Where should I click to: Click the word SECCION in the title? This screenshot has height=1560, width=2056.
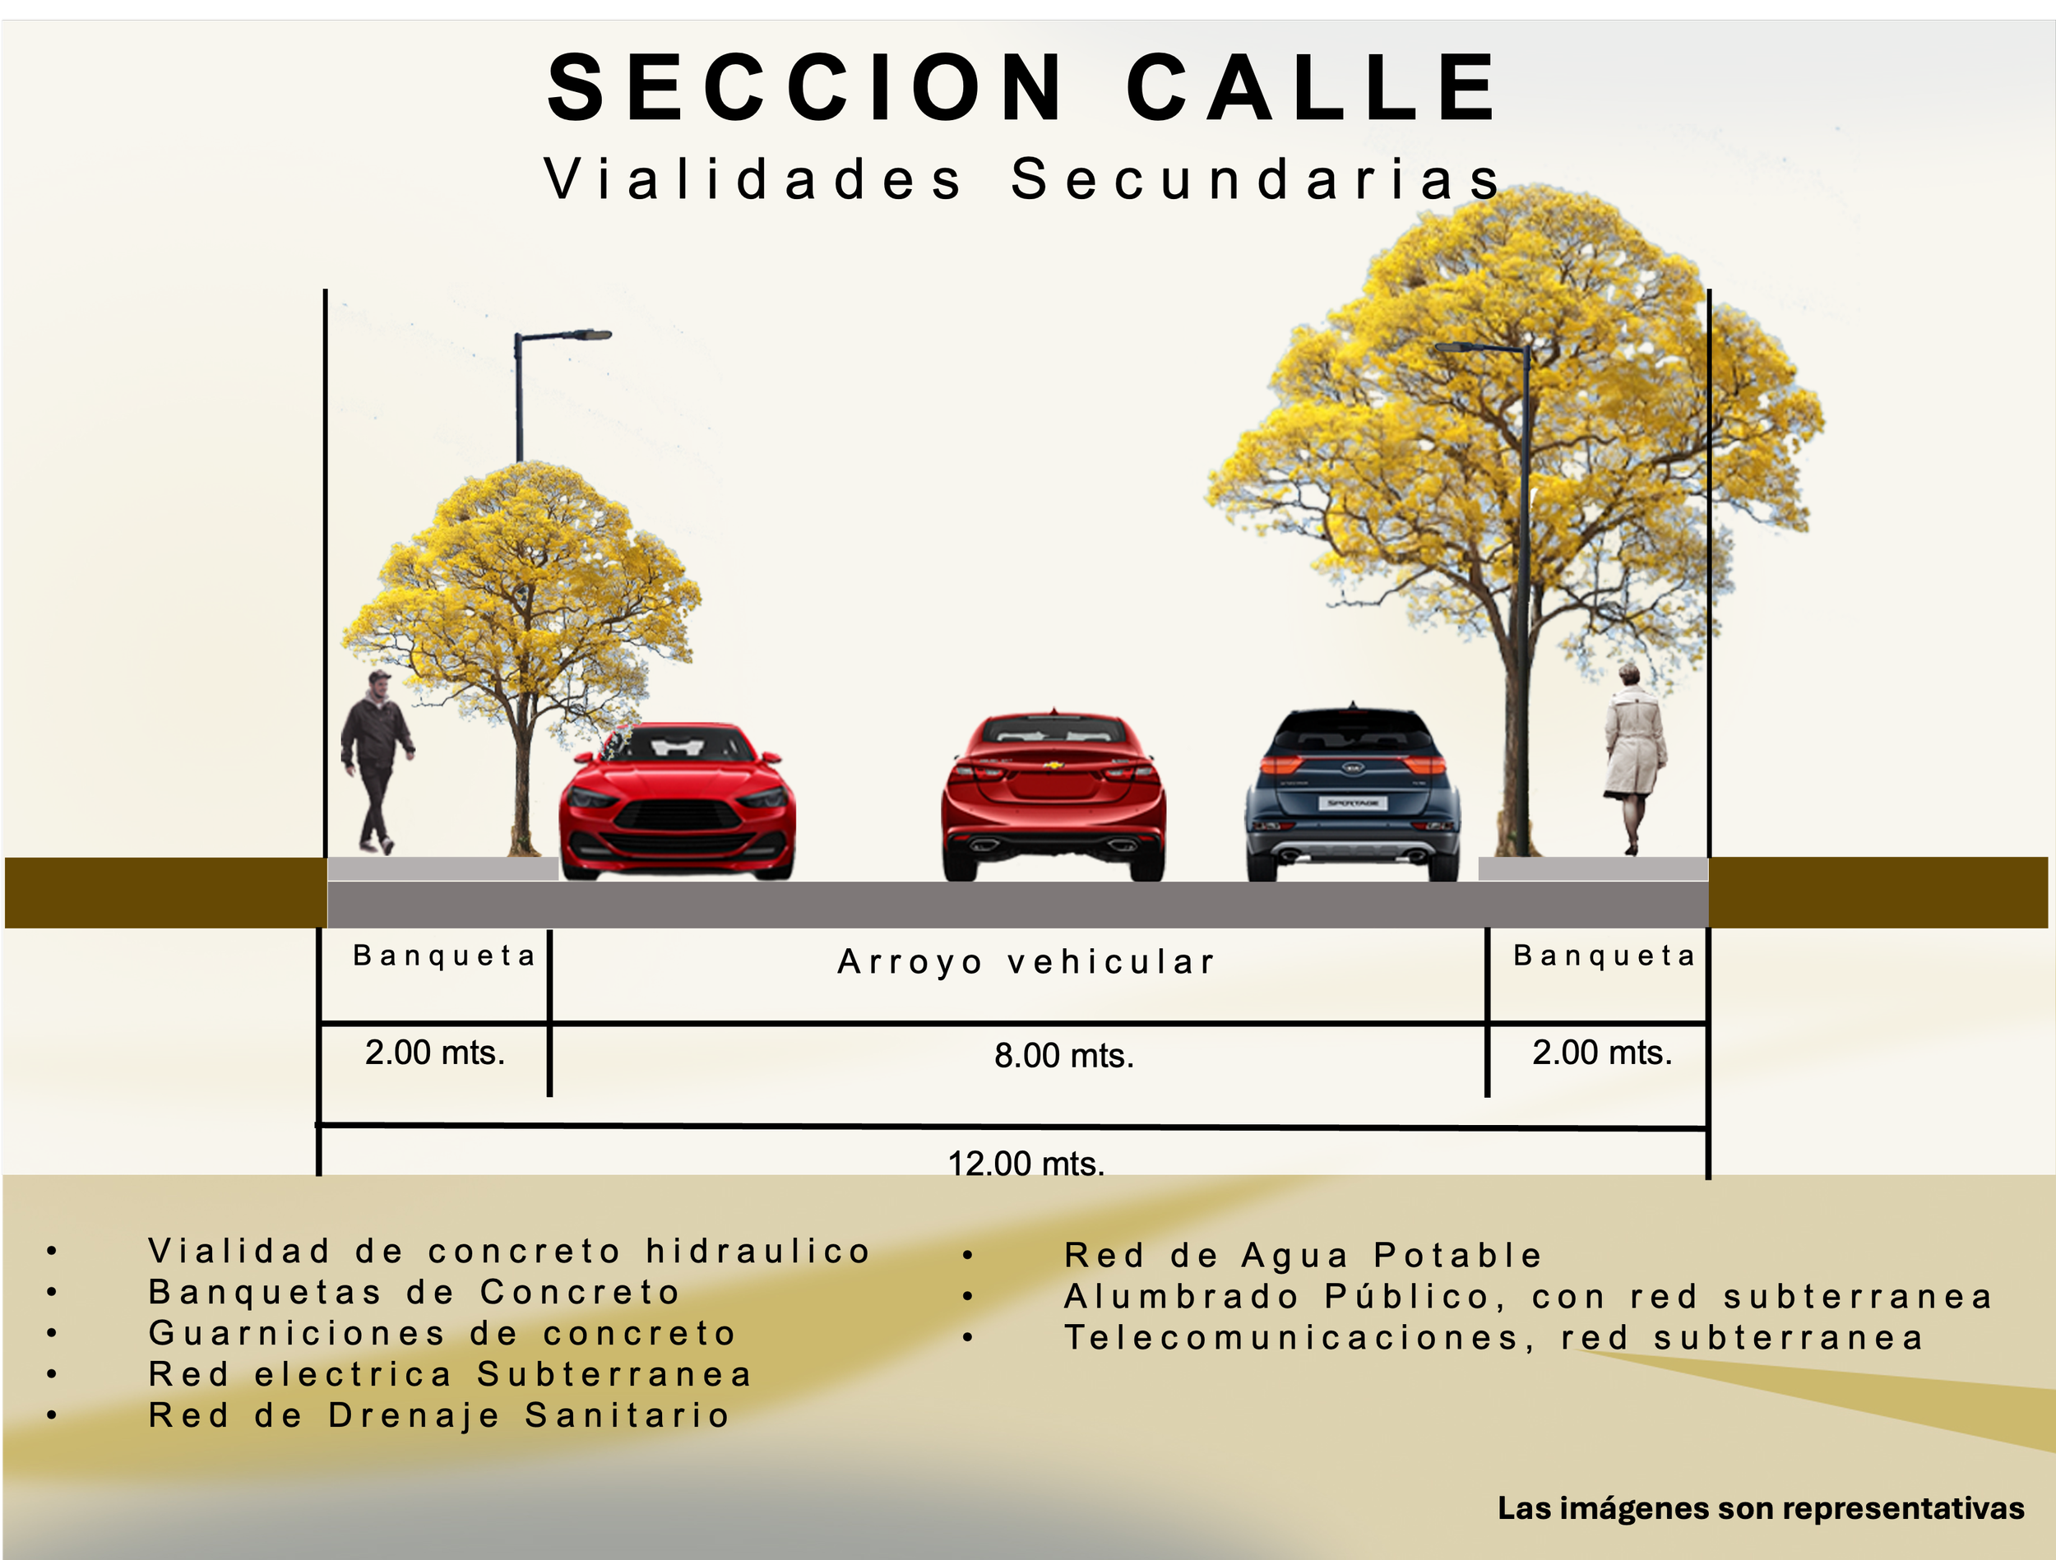tap(805, 88)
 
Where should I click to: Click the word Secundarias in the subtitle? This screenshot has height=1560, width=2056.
tap(1256, 179)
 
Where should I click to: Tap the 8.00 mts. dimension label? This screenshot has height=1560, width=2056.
tap(1064, 1056)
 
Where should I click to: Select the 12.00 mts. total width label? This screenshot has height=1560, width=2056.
tap(1026, 1163)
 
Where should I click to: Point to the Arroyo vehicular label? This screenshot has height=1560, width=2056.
tap(1027, 962)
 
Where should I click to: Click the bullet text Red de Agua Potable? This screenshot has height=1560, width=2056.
tap(1302, 1256)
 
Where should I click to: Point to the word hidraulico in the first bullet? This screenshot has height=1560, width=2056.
tap(757, 1252)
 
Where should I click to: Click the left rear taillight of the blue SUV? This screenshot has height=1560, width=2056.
tap(1280, 764)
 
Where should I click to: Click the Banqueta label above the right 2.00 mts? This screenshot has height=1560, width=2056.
tap(1605, 956)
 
